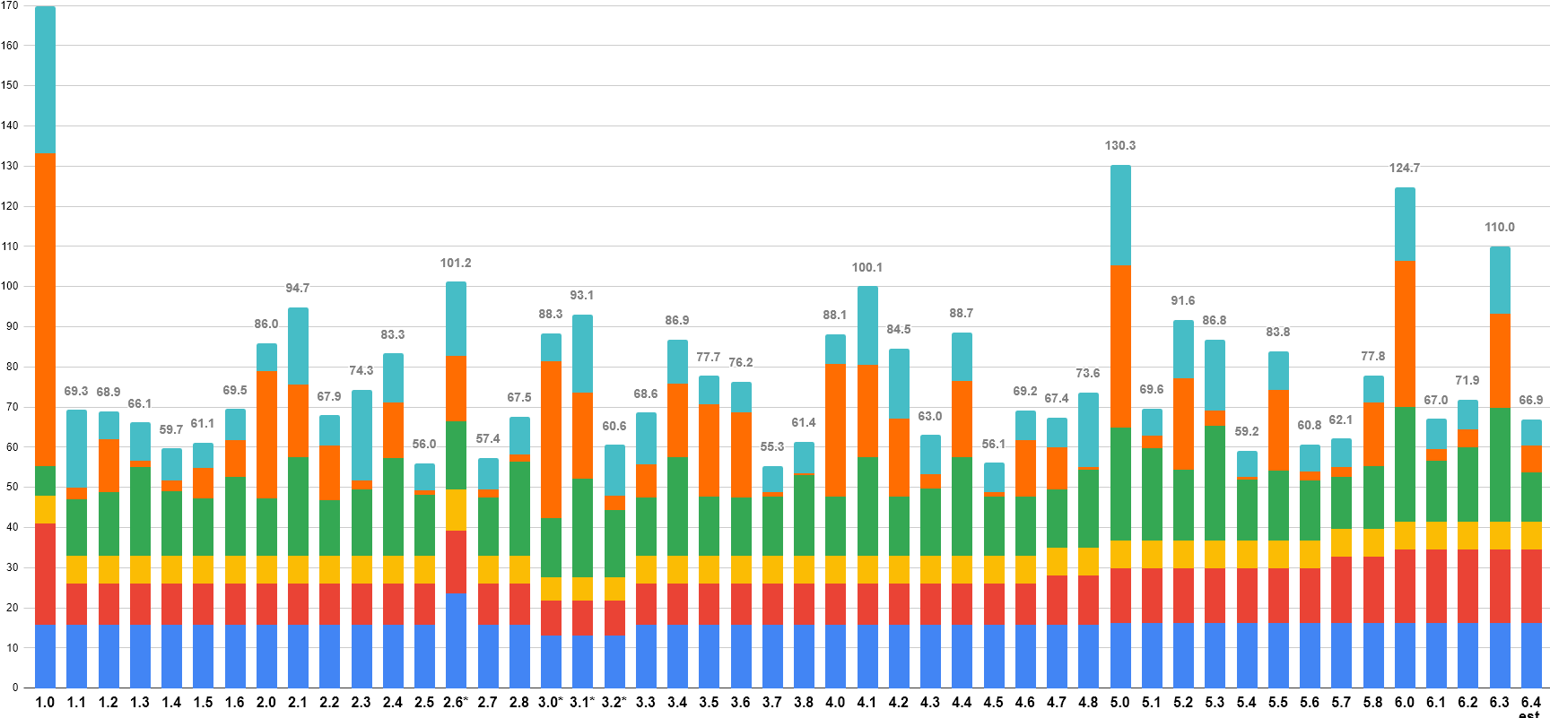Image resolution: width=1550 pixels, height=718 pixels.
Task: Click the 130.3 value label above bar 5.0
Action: click(1120, 145)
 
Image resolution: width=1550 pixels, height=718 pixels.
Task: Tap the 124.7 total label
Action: click(1405, 168)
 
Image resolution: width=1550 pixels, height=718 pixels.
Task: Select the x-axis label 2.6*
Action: click(456, 702)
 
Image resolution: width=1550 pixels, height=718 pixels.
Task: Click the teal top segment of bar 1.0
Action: click(45, 81)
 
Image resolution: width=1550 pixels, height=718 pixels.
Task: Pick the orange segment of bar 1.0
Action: click(45, 309)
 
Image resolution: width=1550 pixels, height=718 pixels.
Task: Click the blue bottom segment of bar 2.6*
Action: click(456, 640)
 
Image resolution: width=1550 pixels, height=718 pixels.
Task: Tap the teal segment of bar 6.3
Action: click(1500, 280)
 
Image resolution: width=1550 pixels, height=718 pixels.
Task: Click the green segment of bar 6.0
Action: click(1405, 464)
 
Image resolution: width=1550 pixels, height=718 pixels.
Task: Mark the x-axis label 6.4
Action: click(1531, 702)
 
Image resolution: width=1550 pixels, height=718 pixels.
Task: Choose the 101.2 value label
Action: click(456, 263)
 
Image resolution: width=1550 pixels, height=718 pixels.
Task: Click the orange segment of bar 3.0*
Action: click(551, 439)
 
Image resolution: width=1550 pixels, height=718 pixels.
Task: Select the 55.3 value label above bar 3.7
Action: click(772, 446)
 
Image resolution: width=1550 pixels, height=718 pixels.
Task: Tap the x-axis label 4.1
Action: click(866, 702)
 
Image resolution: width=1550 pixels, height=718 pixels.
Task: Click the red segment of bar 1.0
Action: click(45, 574)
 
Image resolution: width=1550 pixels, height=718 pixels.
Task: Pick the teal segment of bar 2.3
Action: click(361, 435)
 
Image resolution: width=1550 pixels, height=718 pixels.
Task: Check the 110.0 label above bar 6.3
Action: click(1500, 227)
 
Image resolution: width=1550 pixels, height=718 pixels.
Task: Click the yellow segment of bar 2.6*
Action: click(456, 510)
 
